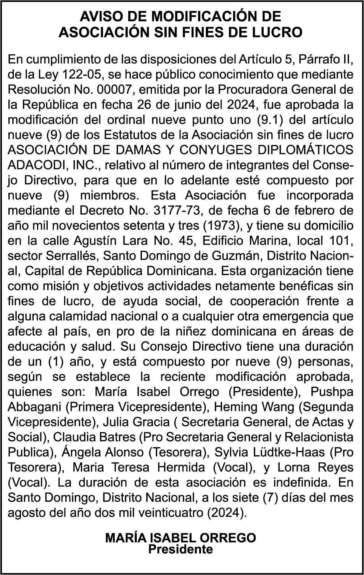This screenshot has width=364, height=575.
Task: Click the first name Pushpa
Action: click(332, 392)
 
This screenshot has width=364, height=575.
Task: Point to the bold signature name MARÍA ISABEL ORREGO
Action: click(180, 538)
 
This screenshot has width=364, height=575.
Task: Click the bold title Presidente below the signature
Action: click(180, 549)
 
